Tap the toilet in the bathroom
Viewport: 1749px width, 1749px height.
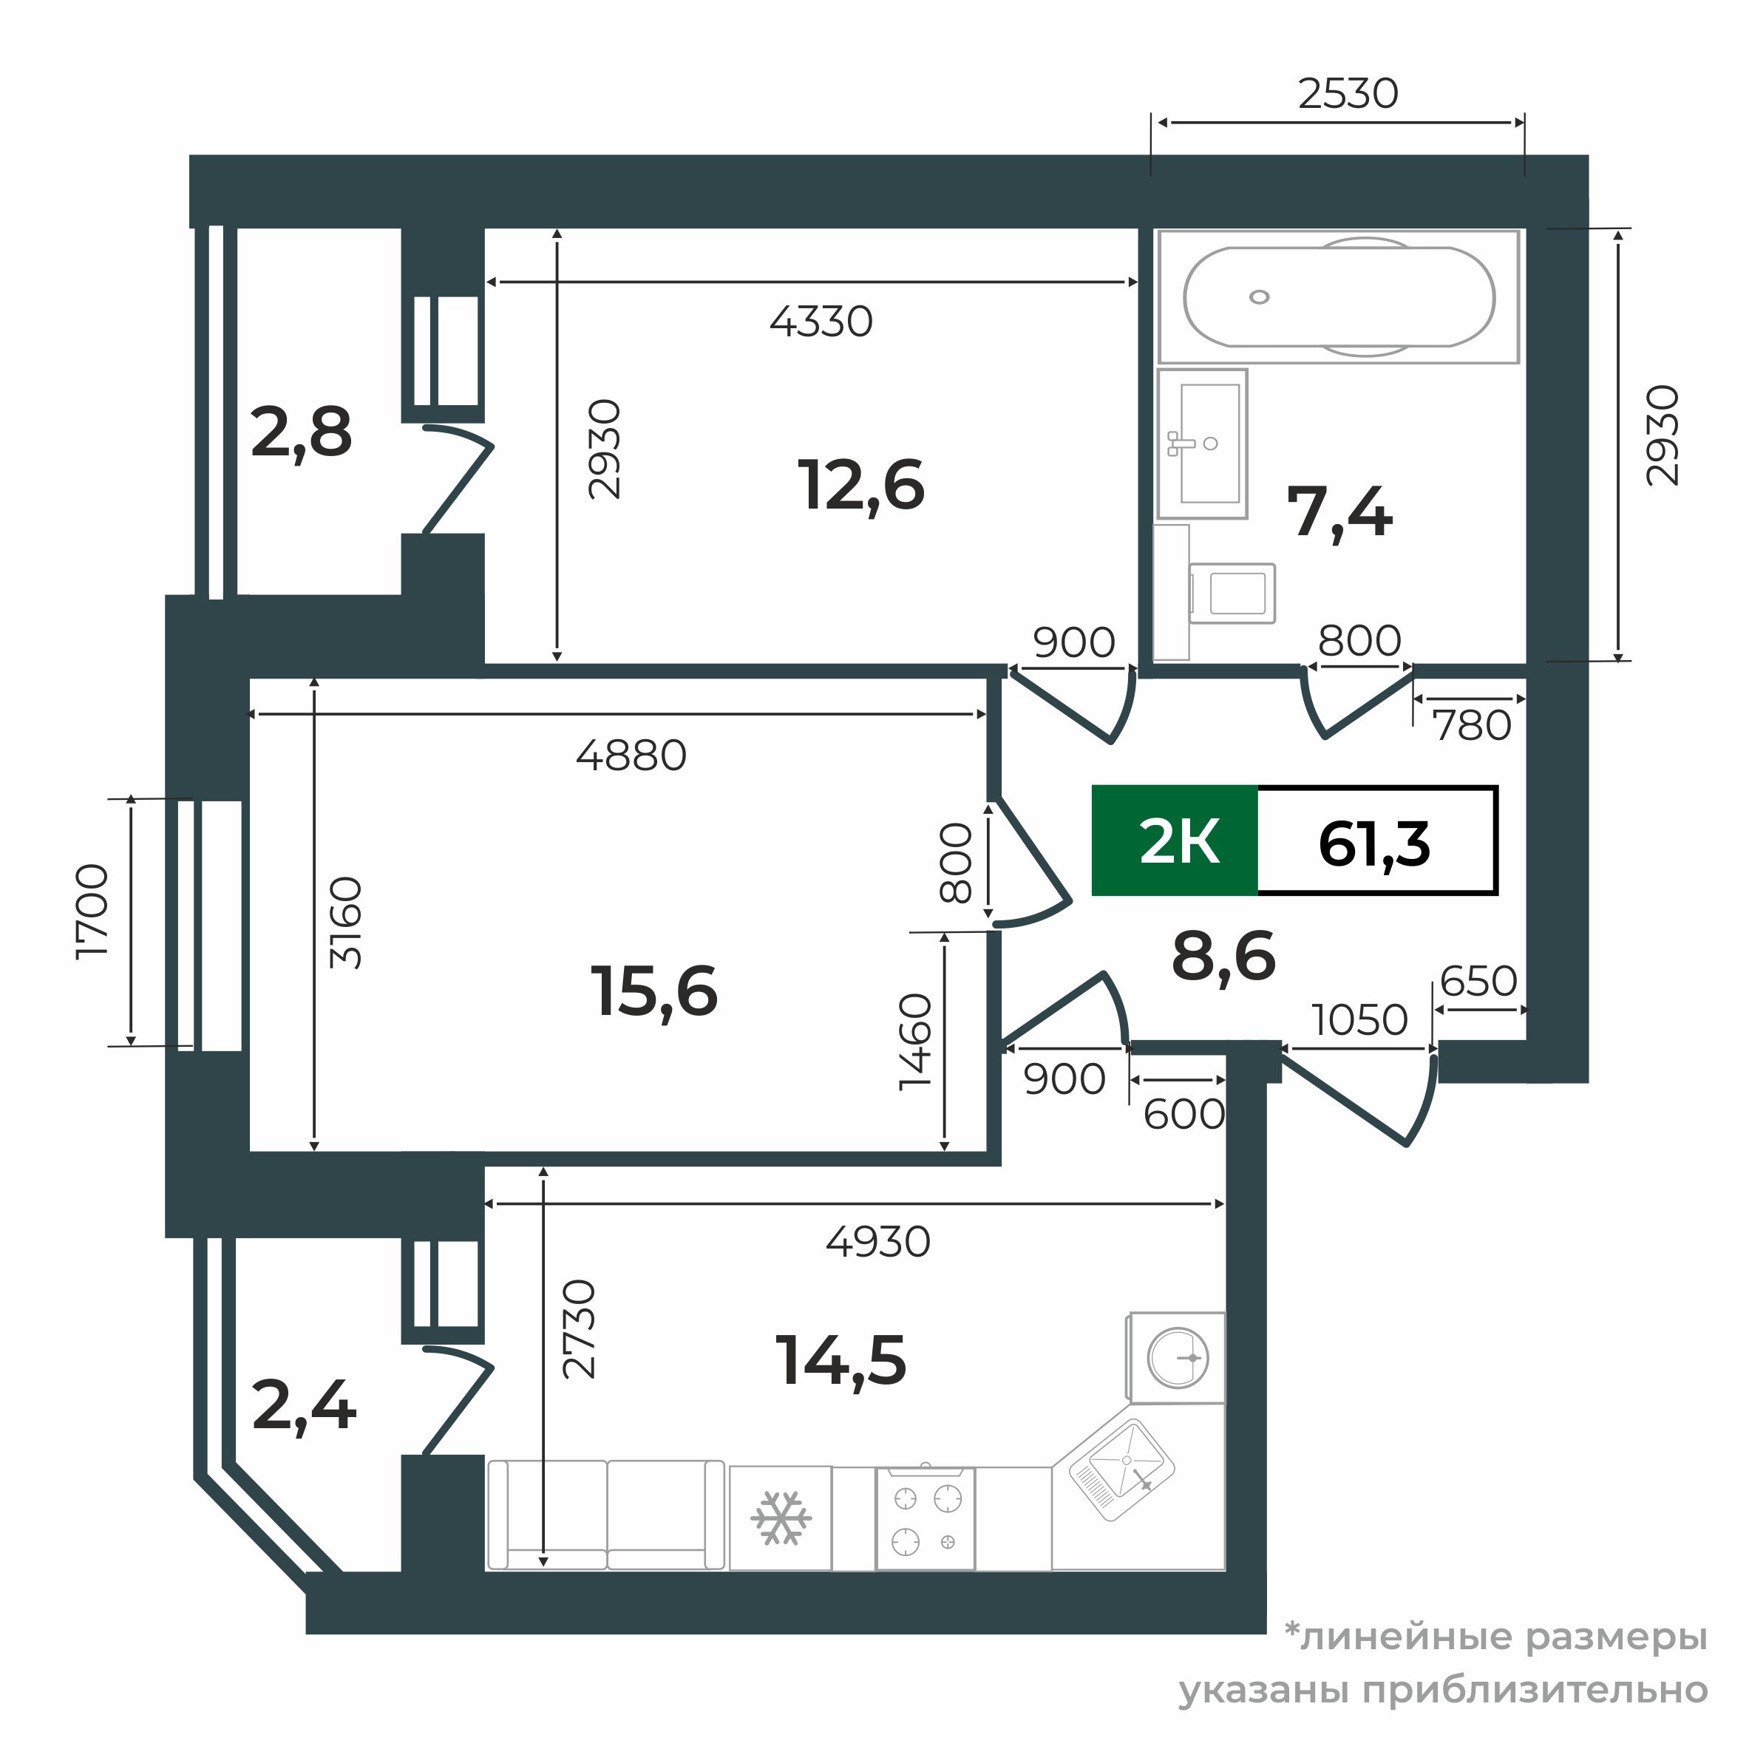click(x=1215, y=593)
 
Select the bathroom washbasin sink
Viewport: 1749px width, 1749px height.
click(x=1202, y=444)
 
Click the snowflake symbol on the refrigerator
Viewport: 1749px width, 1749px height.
click(x=781, y=1518)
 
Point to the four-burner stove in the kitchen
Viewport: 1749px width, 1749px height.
click(x=926, y=1519)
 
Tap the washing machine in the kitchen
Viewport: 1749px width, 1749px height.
click(x=1176, y=1358)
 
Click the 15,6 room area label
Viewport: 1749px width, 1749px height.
click(x=653, y=992)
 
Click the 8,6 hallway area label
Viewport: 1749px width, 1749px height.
click(x=1224, y=957)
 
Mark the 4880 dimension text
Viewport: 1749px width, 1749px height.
click(x=632, y=755)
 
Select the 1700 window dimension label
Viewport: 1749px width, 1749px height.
click(x=92, y=911)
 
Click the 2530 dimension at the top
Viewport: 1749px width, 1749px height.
click(x=1348, y=93)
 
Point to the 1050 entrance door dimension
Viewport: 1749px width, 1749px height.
click(x=1359, y=1020)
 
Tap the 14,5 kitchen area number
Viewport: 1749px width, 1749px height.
click(x=841, y=1361)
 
